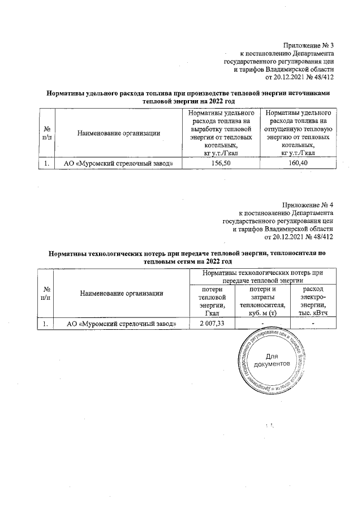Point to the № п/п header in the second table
pos(48,293)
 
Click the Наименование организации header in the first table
pos(119,134)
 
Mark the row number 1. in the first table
pos(48,164)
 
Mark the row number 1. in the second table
pos(48,323)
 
